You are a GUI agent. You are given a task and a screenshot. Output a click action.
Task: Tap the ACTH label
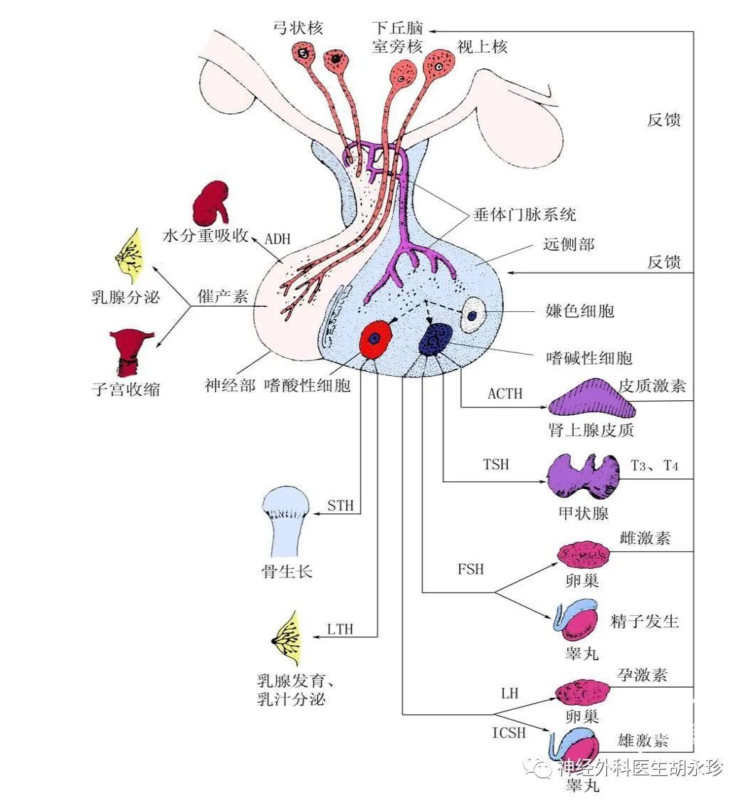pos(505,393)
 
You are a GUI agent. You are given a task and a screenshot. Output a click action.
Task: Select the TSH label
pos(496,464)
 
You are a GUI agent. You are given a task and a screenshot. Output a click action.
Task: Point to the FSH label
pos(471,570)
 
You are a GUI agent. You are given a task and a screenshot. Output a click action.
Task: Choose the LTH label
pos(340,629)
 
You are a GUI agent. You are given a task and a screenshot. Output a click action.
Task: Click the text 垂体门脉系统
pos(525,214)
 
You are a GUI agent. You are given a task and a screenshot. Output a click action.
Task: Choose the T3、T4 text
pos(655,466)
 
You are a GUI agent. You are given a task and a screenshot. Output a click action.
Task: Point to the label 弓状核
pos(298,28)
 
